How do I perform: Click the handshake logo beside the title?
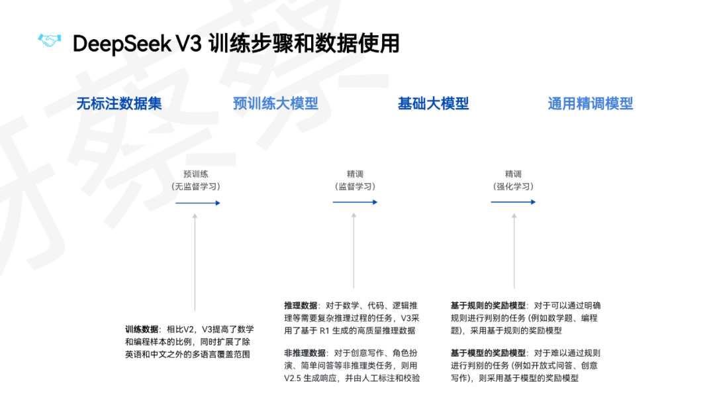coord(48,42)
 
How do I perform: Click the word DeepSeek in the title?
coord(121,44)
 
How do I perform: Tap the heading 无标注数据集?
coord(119,103)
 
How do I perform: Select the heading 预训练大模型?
coord(275,103)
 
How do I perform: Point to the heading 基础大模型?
coord(433,103)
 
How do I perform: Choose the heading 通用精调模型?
coord(590,103)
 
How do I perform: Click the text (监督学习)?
coord(355,186)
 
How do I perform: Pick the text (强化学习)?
coord(513,186)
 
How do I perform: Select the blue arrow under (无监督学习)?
coord(197,202)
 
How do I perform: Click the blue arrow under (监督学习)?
coord(355,202)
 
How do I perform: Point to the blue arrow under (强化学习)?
coord(513,202)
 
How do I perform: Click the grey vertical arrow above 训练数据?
coord(195,262)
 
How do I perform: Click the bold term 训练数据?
coord(142,329)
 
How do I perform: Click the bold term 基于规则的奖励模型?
coord(488,306)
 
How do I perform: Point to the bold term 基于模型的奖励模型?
coord(488,353)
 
